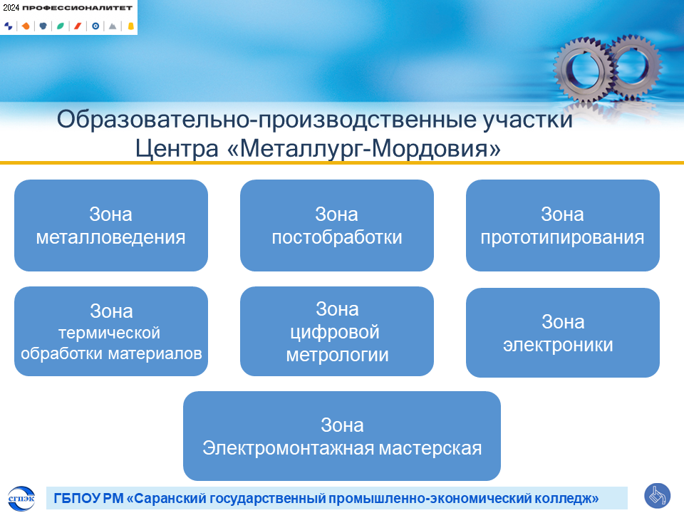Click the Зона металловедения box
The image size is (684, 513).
click(111, 226)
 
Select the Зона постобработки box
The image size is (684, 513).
click(337, 226)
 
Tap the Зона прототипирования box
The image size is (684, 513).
click(563, 226)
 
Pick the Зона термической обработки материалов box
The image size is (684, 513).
click(111, 331)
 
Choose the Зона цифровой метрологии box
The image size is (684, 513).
click(337, 331)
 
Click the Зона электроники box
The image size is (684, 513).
click(563, 333)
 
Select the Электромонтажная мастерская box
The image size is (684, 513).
click(342, 436)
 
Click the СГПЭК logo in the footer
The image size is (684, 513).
click(21, 498)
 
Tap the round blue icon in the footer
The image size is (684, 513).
click(658, 496)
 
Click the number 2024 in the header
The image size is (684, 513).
click(11, 7)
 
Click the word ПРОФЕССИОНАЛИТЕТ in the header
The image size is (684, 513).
click(77, 8)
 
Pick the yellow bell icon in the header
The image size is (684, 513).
click(130, 26)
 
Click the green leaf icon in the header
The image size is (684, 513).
click(60, 26)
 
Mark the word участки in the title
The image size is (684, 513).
click(527, 120)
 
